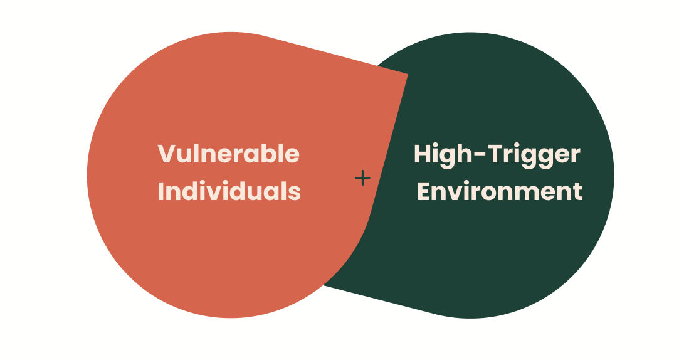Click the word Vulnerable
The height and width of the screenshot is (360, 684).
tap(228, 154)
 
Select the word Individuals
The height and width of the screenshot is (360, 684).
tap(229, 191)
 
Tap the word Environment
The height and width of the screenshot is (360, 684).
tap(500, 191)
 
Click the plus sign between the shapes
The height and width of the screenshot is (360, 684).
tap(362, 178)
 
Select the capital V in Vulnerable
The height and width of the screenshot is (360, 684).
tap(166, 154)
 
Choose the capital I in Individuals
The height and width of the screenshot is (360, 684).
tap(161, 191)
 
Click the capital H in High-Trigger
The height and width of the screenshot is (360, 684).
tap(424, 154)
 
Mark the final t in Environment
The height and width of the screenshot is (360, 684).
tap(577, 191)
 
